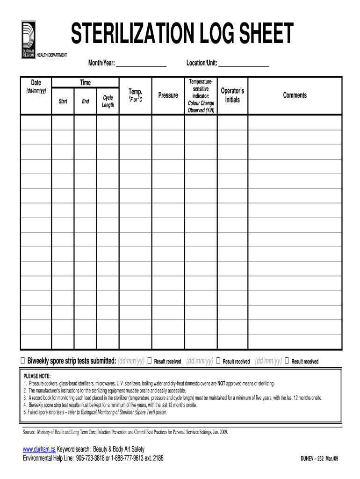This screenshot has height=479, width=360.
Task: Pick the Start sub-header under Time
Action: pos(63,101)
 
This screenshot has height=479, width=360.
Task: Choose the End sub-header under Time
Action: pos(86,101)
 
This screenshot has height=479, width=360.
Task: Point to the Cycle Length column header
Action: pos(108,101)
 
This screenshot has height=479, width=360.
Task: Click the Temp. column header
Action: pos(135,92)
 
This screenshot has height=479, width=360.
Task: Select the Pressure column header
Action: pos(168,95)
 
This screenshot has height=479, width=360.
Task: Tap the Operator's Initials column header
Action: pos(232,95)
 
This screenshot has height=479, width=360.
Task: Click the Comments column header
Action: pos(295,95)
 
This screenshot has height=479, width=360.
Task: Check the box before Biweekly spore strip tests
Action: pos(23,361)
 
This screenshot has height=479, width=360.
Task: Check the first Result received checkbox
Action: pos(150,361)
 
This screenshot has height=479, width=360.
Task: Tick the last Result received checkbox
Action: pos(287,361)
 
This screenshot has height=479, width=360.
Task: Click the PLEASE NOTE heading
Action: pos(37,376)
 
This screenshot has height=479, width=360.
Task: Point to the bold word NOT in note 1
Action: pos(221,383)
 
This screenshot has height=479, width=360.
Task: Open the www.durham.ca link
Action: pos(39,450)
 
